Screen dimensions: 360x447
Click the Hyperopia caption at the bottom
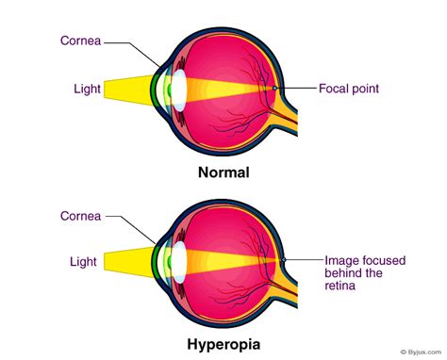point(223,344)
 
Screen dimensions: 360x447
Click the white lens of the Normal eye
point(175,90)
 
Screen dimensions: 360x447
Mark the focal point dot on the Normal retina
point(274,89)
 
